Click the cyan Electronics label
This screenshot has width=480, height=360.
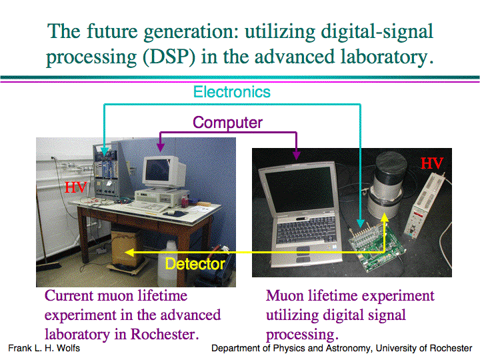pos(232,92)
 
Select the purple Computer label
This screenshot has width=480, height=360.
pos(227,123)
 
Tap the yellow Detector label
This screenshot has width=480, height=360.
pos(195,264)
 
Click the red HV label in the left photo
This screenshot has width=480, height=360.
pos(75,187)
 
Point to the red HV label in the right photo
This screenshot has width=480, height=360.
pos(432,163)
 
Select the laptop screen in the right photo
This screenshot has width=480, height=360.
pos(299,189)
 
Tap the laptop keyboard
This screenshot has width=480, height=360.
pos(307,230)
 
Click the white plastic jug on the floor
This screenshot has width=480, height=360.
pos(168,264)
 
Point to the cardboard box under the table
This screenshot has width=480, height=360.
pos(126,249)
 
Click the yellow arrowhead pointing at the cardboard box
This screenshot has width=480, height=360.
pos(129,253)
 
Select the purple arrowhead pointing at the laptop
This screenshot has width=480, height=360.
pos(296,155)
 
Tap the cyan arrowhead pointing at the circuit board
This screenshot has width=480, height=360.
pos(361,223)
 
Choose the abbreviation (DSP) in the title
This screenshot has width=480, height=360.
pos(169,57)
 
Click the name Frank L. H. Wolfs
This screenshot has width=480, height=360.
pos(44,349)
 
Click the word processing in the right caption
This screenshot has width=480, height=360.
pos(302,335)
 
